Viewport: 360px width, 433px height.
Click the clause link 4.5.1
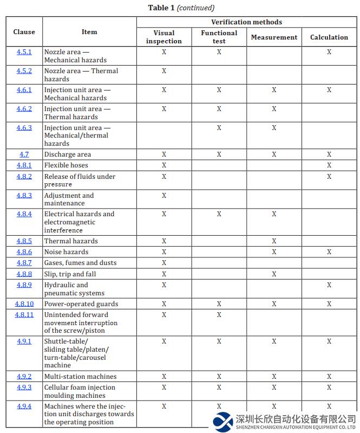(x=24, y=52)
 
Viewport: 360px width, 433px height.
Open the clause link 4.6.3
(x=24, y=128)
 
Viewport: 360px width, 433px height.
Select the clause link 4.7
(x=24, y=154)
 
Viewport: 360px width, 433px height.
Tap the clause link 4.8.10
(x=24, y=304)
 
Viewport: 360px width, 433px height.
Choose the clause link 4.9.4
(x=24, y=406)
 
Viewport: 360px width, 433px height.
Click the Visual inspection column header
(x=164, y=37)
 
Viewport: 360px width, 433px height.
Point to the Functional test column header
(x=219, y=37)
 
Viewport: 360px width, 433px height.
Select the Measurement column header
(x=274, y=37)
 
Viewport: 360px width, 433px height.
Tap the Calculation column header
(x=329, y=37)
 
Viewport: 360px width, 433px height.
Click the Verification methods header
(x=246, y=22)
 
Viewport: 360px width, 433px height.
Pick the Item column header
(x=89, y=32)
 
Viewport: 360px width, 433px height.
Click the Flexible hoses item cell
(x=66, y=165)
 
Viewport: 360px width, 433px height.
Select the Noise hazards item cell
(x=66, y=252)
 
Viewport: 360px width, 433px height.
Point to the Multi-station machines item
(x=80, y=377)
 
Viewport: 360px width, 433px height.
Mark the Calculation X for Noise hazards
(x=329, y=252)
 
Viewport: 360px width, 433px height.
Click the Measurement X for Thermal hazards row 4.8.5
(x=274, y=241)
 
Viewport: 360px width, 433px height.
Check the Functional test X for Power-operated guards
(x=219, y=304)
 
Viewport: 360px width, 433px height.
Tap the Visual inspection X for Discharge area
(x=164, y=154)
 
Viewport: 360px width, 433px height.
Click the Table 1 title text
(x=181, y=8)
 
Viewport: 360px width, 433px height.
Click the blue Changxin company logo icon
(x=222, y=421)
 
